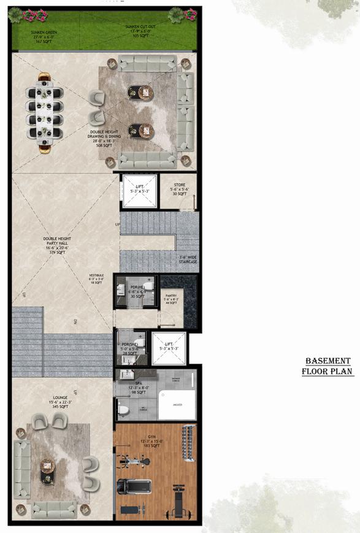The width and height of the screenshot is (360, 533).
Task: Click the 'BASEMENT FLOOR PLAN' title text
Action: tap(327, 366)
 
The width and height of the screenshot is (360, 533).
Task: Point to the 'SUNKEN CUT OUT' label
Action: tap(141, 31)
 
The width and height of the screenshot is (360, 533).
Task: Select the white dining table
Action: tap(45, 112)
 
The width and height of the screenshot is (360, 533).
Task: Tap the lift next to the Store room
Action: tap(140, 191)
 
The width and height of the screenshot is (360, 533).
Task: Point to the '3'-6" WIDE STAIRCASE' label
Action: tap(188, 259)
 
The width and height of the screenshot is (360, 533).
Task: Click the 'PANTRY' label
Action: tap(170, 299)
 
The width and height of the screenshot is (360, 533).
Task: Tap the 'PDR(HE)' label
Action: tap(136, 290)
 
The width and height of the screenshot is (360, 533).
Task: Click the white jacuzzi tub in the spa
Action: tap(178, 405)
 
